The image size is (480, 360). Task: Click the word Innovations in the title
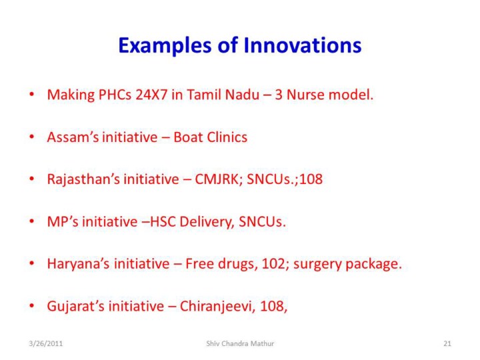point(303,45)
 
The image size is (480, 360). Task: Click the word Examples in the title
point(165,46)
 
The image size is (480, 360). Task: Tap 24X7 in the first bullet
point(151,95)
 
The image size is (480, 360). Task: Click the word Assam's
point(73,137)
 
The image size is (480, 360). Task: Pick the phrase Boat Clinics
point(210,137)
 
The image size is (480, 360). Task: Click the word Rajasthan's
point(83,179)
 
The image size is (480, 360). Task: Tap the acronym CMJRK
point(219,179)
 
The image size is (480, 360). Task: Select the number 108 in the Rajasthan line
point(311,179)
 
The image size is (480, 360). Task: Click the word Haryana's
point(78,264)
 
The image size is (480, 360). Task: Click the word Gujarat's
point(75,306)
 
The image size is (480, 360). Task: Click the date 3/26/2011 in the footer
point(45,343)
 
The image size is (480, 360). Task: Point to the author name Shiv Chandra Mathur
point(240,343)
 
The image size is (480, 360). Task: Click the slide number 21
point(447,343)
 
